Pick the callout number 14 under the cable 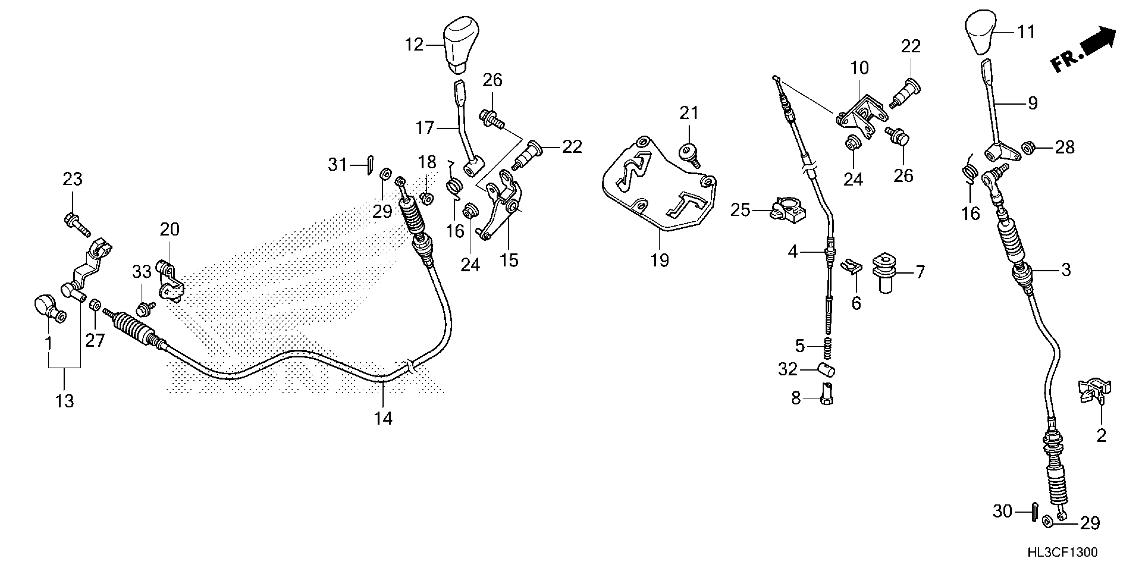383,418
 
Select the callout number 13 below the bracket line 64,401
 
